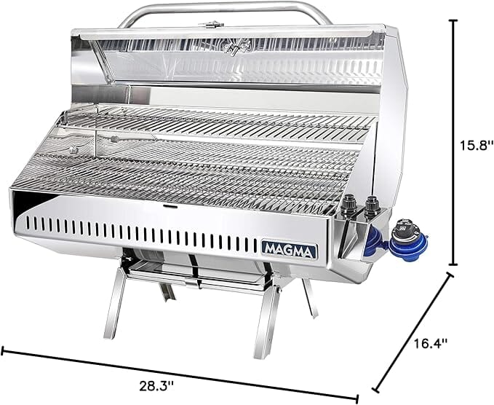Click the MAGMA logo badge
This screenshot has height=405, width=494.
coord(290,248)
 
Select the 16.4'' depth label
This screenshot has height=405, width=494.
coord(430,343)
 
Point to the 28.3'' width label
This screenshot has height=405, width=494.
coord(156,385)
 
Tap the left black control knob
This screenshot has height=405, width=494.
coord(348,205)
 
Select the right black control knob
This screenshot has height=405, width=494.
coord(373,207)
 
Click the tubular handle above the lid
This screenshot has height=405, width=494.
coord(226,12)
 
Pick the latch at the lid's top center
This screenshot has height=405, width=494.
coord(211,24)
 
